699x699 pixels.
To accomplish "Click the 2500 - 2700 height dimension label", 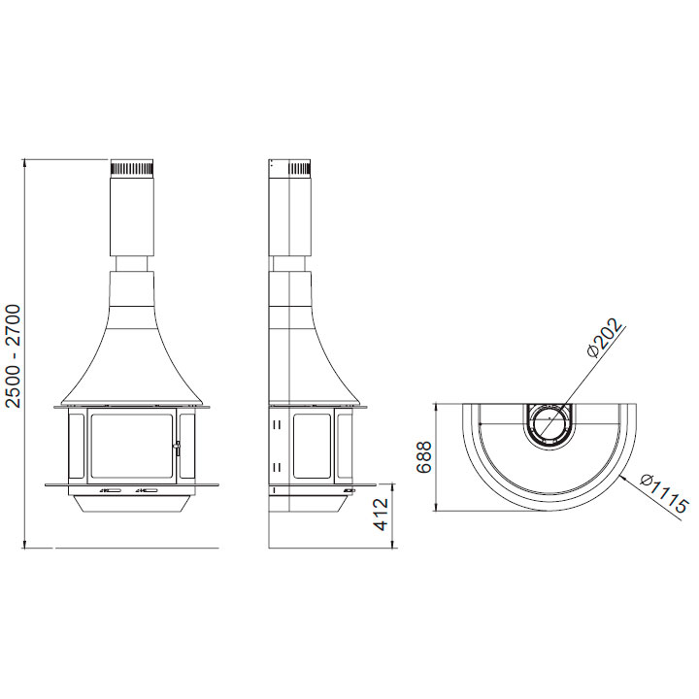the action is coord(14,356).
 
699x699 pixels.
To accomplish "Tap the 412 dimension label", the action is coord(382,515).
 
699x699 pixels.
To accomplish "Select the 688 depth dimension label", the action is coord(424,457).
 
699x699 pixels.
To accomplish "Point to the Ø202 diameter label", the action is coord(605,338).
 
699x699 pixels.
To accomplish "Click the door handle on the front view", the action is coord(177,448).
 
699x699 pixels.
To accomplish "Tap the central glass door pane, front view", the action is coord(131,446).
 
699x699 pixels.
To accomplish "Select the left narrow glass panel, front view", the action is coord(77,446).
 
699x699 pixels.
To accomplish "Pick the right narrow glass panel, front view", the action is coord(186,446).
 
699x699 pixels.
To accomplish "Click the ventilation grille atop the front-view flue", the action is coord(132,169).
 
